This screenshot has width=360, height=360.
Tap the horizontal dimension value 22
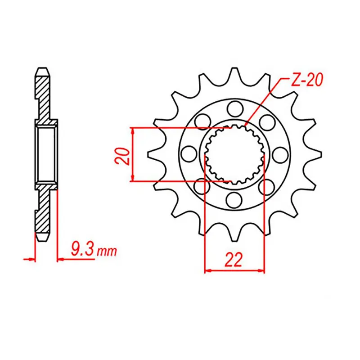tap(234, 260)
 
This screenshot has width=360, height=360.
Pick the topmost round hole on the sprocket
tap(234, 108)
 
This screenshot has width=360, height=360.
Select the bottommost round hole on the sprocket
tap(234, 198)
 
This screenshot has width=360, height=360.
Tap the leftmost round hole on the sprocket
tap(188, 154)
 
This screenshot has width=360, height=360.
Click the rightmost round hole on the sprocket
tap(279, 154)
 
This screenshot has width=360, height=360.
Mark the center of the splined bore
tap(234, 154)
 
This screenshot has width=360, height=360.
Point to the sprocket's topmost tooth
tap(234, 73)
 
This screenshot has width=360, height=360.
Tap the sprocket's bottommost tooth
tap(234, 234)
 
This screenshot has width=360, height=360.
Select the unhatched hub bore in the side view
tap(46, 153)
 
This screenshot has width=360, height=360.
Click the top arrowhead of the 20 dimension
tap(132, 130)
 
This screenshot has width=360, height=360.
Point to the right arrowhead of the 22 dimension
tap(262, 271)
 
